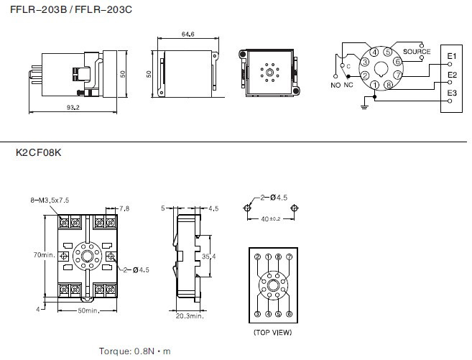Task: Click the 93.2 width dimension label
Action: coord(73,108)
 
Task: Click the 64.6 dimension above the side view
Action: coord(188,34)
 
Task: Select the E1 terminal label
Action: coord(451,56)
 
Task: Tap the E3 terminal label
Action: coord(451,93)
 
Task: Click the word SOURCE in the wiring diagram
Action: coord(417,52)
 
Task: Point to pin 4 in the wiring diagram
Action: coord(375,52)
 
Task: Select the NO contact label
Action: coord(335,86)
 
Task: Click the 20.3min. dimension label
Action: coord(189,315)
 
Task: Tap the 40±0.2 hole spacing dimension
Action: coord(271,218)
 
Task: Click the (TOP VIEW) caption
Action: coord(272,333)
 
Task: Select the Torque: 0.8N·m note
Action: coord(135,351)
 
